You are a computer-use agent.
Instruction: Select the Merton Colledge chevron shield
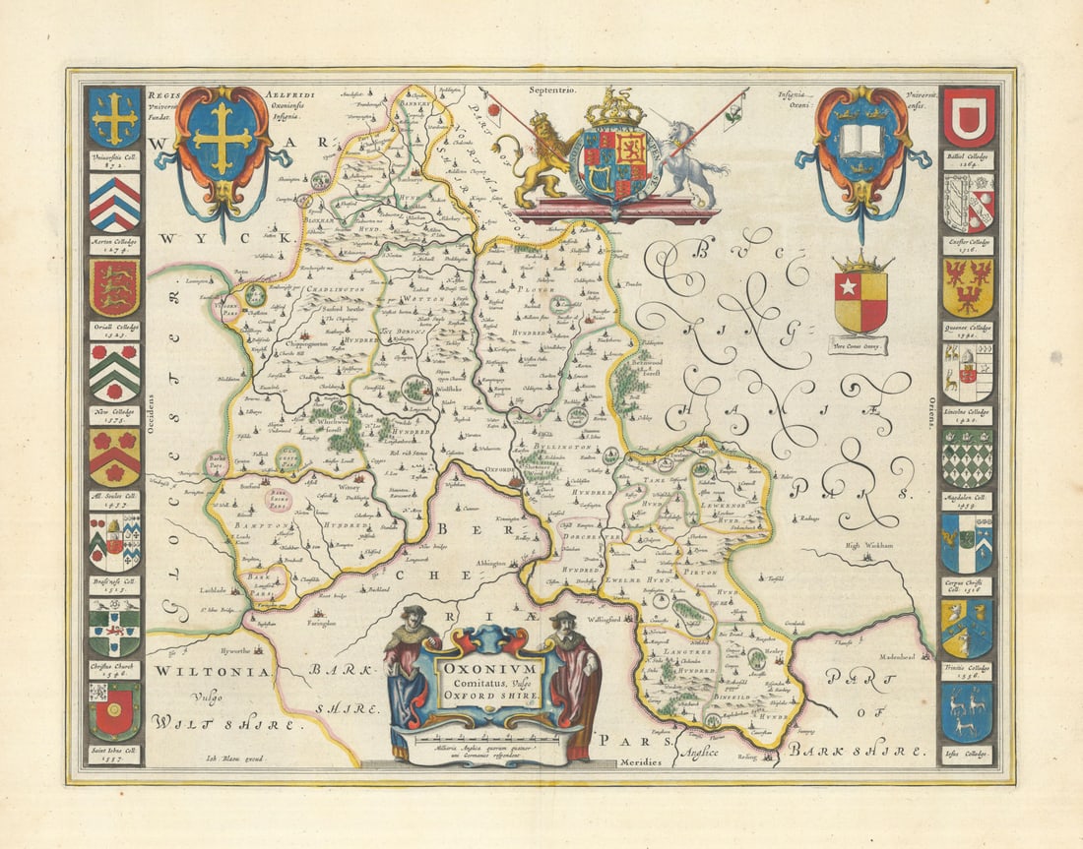[115, 204]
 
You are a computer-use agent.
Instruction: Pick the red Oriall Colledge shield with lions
[115, 287]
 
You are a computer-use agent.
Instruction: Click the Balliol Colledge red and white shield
[969, 118]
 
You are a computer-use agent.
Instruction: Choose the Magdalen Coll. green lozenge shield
[969, 457]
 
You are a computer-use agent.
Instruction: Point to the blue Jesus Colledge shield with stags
[969, 712]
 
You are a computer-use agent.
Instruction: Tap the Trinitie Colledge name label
[968, 671]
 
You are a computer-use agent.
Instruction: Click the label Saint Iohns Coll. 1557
[115, 755]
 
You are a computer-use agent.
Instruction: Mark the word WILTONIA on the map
[210, 671]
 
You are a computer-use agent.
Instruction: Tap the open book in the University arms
[861, 141]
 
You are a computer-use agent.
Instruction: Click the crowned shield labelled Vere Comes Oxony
[860, 300]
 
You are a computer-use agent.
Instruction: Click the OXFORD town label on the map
[500, 469]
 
